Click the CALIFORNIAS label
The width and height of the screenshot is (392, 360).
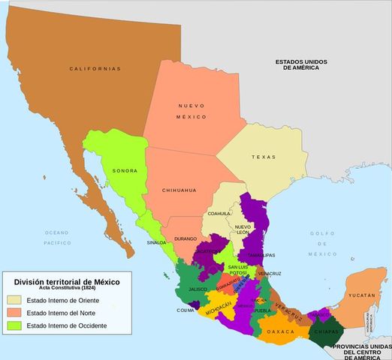(x=95, y=69)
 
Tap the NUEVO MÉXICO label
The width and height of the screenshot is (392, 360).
(x=191, y=112)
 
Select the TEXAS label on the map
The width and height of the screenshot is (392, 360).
(x=264, y=157)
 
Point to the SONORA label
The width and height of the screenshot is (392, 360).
(x=125, y=171)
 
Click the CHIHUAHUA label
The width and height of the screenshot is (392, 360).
(x=179, y=190)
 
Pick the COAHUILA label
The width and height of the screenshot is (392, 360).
(x=219, y=214)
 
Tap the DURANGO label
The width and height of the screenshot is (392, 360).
(x=185, y=238)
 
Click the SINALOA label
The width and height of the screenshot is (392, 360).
(x=156, y=243)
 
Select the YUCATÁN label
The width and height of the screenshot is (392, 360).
(x=361, y=296)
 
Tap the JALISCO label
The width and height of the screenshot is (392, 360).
(x=197, y=288)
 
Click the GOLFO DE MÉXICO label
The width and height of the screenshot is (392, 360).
(x=324, y=244)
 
